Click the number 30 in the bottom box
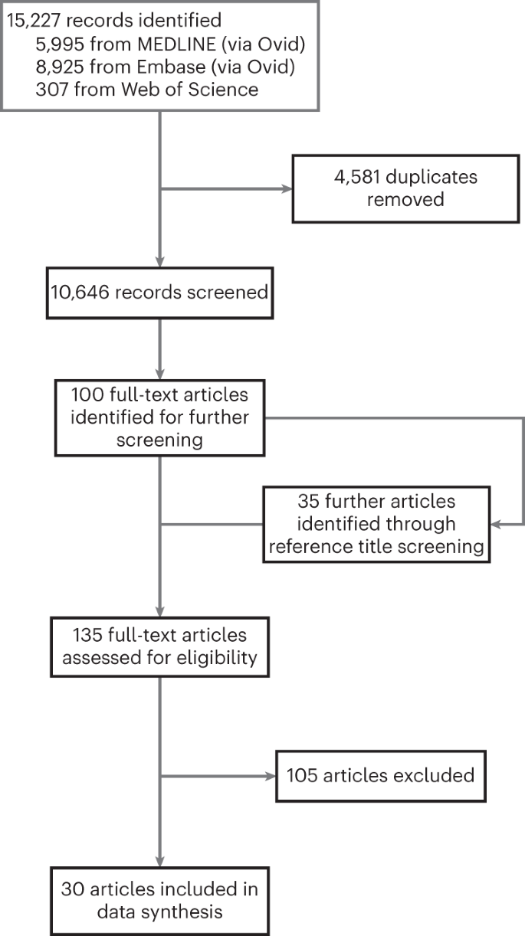point(75,889)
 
